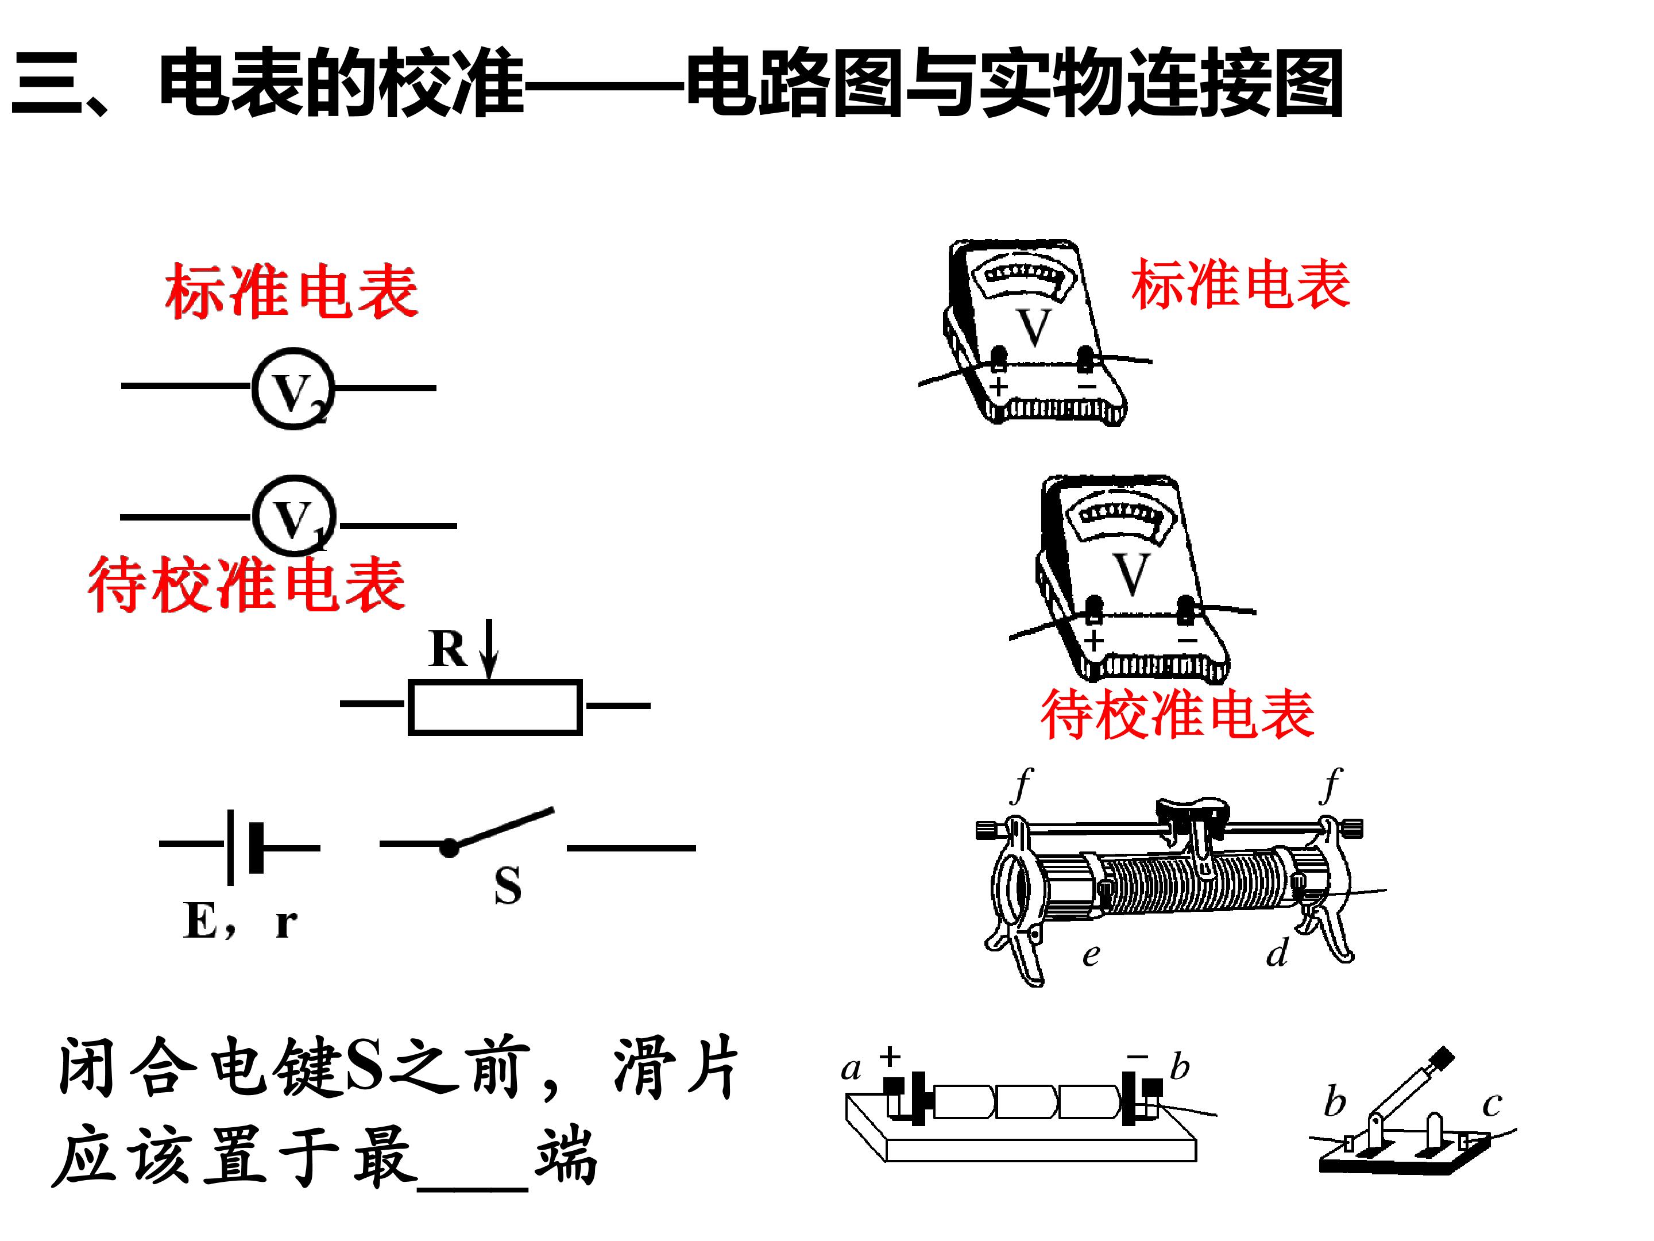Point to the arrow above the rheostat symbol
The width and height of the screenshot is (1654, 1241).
489,649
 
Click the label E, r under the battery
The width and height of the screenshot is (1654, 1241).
240,921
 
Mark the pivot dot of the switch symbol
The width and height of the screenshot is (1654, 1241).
449,848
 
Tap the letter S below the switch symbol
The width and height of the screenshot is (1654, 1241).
508,887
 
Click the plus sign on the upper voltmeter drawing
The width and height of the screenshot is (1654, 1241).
999,387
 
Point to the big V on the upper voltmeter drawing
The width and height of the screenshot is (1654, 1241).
1035,327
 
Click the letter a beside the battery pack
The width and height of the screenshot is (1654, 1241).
851,1070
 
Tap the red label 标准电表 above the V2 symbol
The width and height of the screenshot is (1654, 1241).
292,291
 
